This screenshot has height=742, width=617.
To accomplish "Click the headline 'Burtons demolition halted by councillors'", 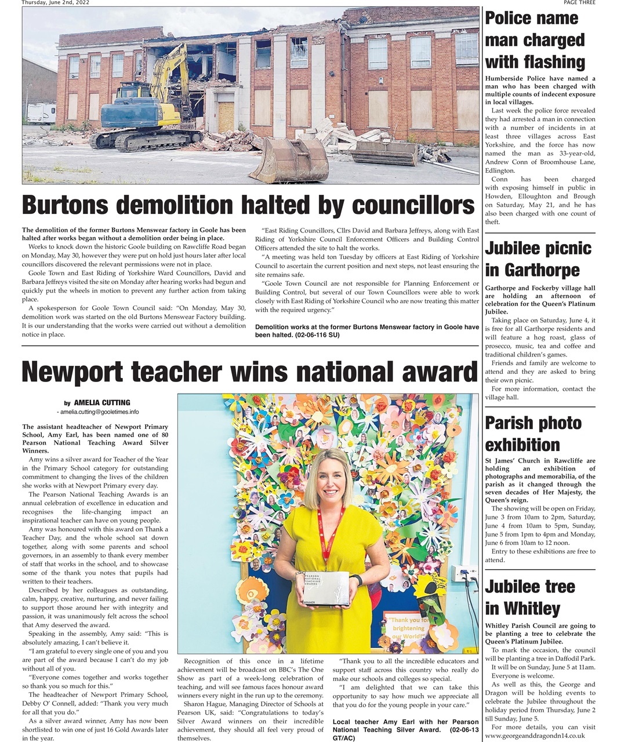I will (248, 205).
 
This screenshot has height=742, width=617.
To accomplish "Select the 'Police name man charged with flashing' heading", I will (535, 40).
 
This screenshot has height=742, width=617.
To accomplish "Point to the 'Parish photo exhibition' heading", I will (533, 434).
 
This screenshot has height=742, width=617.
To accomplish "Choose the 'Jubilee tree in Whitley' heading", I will (529, 597).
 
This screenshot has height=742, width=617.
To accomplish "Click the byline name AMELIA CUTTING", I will (102, 402).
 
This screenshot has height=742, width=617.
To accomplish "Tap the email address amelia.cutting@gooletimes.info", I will (98, 412).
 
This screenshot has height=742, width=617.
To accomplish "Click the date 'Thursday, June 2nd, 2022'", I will (56, 3).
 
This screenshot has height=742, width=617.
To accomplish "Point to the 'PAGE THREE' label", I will (579, 3).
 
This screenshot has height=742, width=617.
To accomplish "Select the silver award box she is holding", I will (326, 589).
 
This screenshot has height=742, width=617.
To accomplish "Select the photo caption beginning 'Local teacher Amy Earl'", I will (405, 730).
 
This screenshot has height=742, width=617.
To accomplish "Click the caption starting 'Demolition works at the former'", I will (366, 331).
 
